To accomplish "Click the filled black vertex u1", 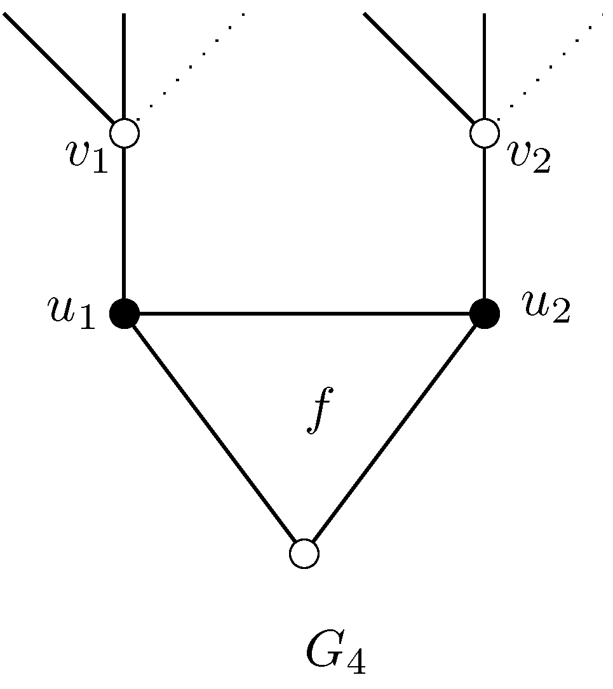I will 125,313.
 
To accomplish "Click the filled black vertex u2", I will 485,313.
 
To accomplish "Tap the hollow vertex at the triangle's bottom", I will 304,553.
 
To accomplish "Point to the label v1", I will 88,156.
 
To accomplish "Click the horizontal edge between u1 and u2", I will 305,313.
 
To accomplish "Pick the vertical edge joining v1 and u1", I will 125,222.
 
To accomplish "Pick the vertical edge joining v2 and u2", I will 485,222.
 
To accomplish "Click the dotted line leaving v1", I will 191,64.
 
